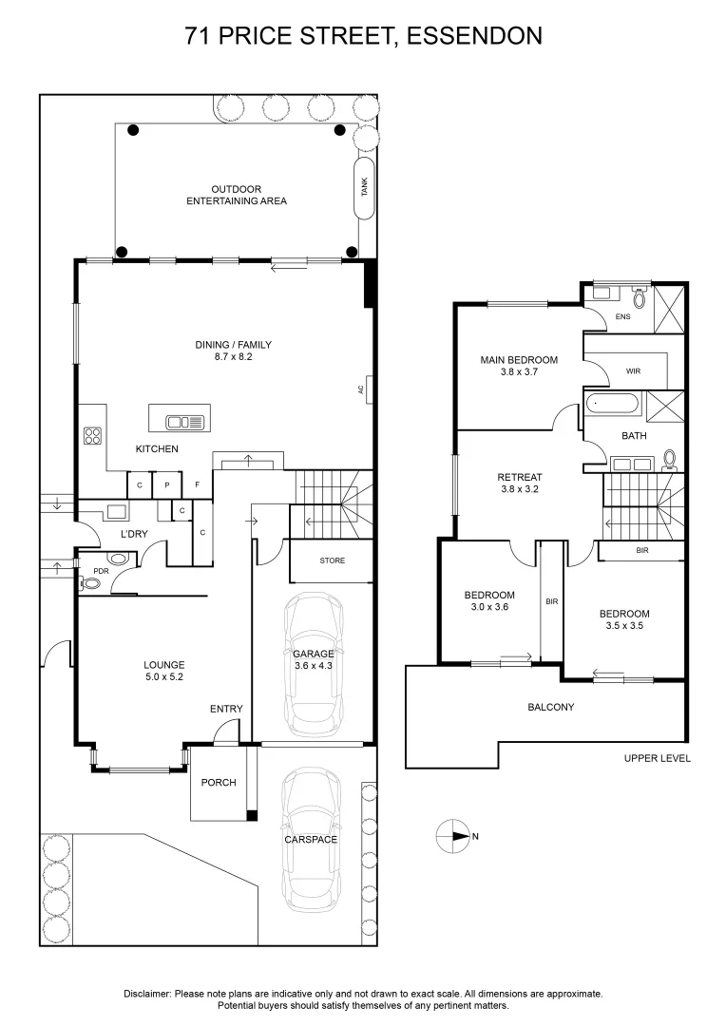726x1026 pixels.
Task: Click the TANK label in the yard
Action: point(365,187)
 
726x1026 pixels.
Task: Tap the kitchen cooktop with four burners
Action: point(92,436)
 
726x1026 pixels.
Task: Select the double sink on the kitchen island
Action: point(185,422)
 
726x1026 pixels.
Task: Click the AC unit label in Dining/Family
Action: point(361,389)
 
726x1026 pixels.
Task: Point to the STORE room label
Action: point(332,560)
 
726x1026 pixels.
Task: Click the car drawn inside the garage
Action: point(314,665)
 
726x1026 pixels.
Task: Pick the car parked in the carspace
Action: point(312,840)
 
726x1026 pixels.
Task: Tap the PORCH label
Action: point(219,783)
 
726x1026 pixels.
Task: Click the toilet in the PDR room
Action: point(88,585)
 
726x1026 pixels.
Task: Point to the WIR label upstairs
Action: point(633,371)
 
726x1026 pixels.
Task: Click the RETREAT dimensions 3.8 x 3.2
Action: point(520,489)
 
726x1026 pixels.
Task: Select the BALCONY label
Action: point(550,707)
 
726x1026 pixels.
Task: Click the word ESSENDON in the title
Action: point(474,36)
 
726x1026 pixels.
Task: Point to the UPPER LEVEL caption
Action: point(658,758)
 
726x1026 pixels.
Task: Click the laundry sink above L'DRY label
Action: point(117,510)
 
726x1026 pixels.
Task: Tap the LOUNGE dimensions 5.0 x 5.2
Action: point(163,676)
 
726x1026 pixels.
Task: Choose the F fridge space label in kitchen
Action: point(197,485)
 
